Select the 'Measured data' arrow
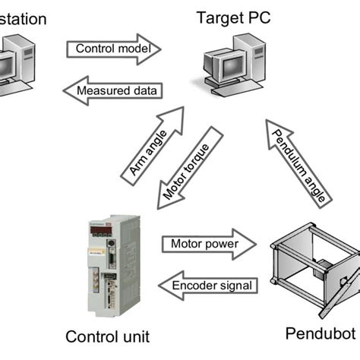click(113, 90)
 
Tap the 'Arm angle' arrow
click(151, 145)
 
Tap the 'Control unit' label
click(108, 336)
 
